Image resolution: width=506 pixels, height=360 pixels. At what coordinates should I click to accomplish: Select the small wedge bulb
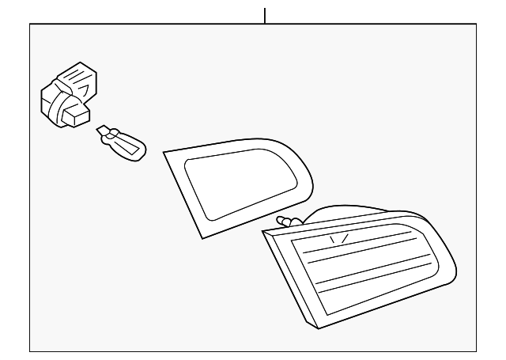(123, 142)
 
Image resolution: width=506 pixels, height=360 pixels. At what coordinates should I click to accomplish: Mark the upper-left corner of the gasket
(164, 150)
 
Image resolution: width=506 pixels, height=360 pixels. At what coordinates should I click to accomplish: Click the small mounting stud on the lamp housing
(285, 220)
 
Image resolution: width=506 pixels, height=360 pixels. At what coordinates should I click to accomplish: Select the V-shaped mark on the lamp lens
(337, 237)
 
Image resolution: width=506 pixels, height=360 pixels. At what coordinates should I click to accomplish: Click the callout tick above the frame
(264, 15)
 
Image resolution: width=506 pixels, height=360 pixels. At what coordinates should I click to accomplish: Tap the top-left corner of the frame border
(30, 24)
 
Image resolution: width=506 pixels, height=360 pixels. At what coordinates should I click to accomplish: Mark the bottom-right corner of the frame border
(477, 350)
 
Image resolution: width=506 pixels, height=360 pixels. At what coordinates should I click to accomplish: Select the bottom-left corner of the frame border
(30, 350)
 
